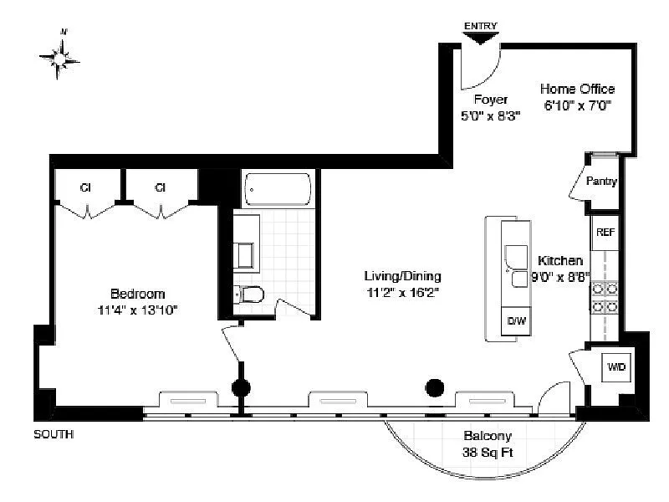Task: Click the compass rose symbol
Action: coord(59,58)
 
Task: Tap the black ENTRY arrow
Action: coord(480,38)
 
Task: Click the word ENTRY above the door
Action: coord(480,26)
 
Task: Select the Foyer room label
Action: coord(491,100)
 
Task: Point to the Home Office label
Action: coord(577,89)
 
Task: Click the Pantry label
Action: coord(601,181)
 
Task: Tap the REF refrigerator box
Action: coord(605,233)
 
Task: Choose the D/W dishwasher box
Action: coord(516,320)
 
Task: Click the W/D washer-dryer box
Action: coord(616,366)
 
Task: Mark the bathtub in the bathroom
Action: coord(278,189)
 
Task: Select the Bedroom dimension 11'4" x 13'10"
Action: coord(137,310)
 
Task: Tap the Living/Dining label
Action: coord(403,276)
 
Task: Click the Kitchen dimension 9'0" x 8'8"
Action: coord(560,277)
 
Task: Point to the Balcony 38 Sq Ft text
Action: coord(488,444)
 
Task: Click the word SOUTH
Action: coord(54,434)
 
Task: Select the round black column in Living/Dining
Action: coord(435,388)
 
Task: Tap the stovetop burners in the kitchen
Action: coord(605,298)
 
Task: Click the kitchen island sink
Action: coord(517,265)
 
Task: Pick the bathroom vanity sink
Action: coord(243,256)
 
